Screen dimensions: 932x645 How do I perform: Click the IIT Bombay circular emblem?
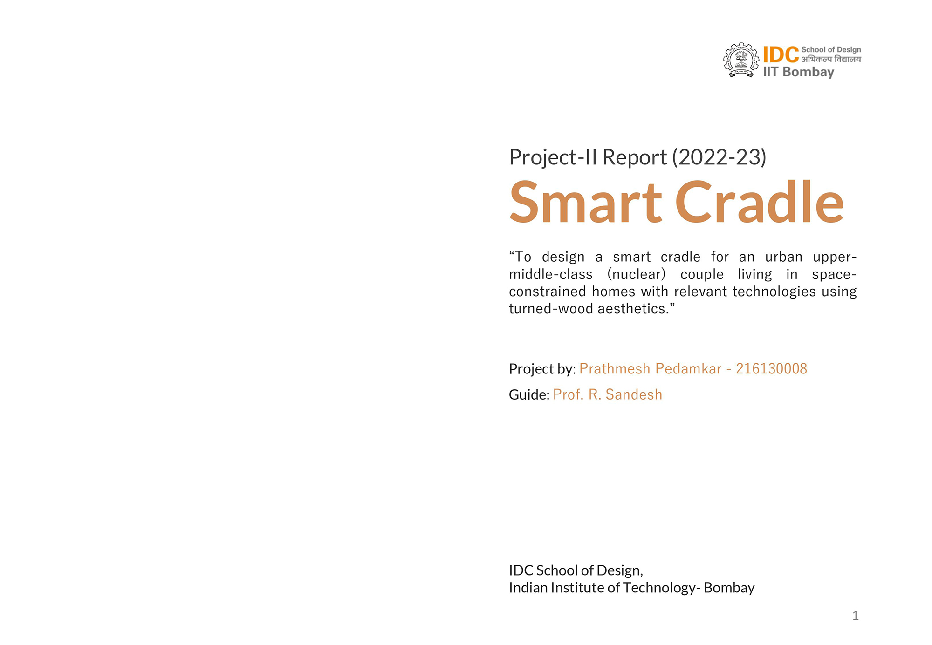(x=741, y=60)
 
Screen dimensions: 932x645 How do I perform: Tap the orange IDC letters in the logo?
(x=781, y=55)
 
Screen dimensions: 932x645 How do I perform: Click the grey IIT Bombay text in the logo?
(x=799, y=72)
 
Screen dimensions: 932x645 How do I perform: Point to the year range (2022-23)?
(x=719, y=157)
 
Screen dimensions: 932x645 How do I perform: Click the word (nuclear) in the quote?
(x=636, y=274)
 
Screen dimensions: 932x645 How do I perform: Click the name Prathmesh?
(x=615, y=369)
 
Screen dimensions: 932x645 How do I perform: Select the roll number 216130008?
(x=771, y=369)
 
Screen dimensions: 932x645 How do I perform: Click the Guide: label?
(x=529, y=395)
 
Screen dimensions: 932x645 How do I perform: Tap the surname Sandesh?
(x=634, y=394)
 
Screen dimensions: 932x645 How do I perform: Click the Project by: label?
(x=542, y=369)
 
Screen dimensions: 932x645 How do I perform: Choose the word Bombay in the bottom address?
(x=729, y=588)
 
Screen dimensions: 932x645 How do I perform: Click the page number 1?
(x=856, y=616)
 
